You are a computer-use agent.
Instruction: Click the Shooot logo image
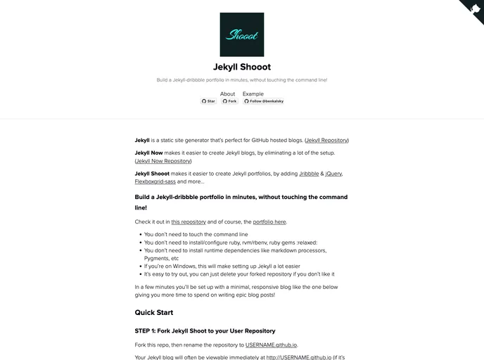point(241,34)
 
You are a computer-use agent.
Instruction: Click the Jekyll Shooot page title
point(241,67)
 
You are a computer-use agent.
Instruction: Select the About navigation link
point(227,94)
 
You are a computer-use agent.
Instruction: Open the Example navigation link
point(253,94)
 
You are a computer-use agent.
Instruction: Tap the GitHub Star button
point(208,101)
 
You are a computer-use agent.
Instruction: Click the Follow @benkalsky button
point(264,101)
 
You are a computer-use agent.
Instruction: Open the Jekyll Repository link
point(326,141)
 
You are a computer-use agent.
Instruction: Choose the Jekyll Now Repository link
point(163,161)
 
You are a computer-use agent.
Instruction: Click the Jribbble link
point(309,173)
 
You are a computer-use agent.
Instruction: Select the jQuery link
point(333,173)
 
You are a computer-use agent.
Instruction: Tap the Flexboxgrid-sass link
point(155,181)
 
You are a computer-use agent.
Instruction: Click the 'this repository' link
point(189,222)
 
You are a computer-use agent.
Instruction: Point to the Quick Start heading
point(153,312)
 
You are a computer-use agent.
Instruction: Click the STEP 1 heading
point(205,330)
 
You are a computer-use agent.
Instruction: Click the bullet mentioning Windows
point(222,266)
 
